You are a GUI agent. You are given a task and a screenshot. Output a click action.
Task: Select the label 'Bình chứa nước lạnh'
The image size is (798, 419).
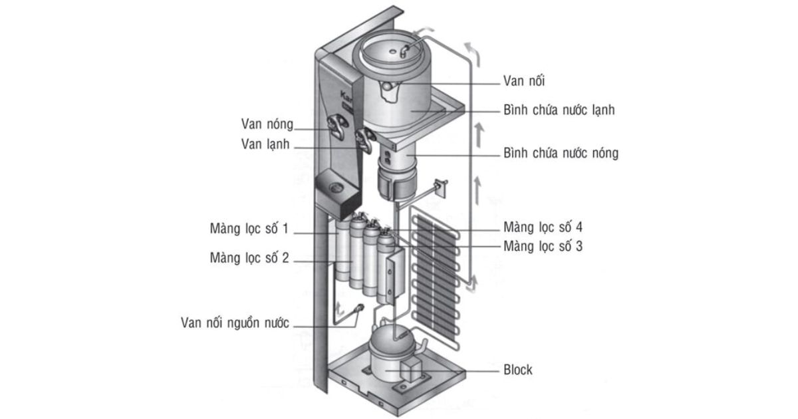point(559,110)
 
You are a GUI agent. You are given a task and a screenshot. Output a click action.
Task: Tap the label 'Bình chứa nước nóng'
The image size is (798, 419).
point(561,154)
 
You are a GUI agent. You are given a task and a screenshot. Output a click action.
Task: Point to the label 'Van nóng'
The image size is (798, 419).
point(267,124)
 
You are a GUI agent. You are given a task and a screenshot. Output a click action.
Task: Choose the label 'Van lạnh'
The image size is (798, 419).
point(266,144)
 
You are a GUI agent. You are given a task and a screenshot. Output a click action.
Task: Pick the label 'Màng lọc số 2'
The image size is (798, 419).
point(249,257)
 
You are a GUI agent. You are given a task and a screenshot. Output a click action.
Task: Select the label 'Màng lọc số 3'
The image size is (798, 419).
point(543,247)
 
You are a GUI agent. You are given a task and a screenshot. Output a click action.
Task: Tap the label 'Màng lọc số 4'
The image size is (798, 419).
point(543,227)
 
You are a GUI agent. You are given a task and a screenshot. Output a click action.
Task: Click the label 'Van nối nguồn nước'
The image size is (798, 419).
point(235,323)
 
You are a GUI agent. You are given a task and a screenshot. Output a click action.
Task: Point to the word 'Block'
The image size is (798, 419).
point(518,370)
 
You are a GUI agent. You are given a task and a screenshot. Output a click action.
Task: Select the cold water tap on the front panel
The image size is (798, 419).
point(365,140)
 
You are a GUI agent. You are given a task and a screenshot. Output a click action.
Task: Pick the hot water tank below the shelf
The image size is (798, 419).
point(398,174)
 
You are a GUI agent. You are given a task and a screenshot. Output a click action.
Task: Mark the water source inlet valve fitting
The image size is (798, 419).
point(359,309)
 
